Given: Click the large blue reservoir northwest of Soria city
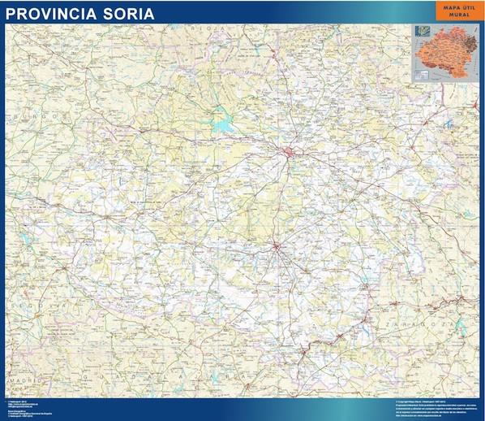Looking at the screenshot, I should click(220, 124).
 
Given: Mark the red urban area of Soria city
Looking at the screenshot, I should click(290, 152).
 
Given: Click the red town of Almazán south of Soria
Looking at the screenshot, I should click(275, 247).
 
